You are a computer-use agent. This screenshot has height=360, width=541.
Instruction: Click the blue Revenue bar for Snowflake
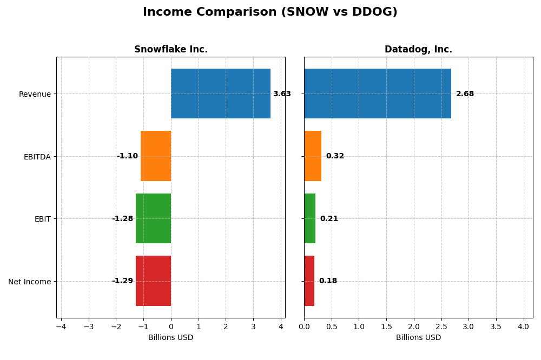point(221,94)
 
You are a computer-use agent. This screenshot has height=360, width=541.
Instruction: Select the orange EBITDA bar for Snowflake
point(156,156)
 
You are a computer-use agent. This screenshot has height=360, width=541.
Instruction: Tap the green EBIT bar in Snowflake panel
point(153,218)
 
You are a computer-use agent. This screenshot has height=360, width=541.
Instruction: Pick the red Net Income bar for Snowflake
point(153,281)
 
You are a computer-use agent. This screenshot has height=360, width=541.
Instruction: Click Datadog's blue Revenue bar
point(378,94)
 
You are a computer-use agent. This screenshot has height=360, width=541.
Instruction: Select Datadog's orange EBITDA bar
point(313,156)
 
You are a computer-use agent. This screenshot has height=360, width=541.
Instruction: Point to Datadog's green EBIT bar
point(310,218)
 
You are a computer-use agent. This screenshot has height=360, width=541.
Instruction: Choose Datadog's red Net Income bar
point(309,281)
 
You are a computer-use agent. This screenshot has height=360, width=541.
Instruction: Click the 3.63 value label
point(282,94)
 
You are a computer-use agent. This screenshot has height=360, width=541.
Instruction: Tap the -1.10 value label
point(127,156)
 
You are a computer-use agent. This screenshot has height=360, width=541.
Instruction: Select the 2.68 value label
point(465,94)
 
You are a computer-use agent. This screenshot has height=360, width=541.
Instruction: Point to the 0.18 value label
point(328,281)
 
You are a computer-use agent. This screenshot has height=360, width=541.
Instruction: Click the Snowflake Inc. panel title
point(171,50)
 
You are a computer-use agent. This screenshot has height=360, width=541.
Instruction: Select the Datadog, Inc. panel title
point(418,50)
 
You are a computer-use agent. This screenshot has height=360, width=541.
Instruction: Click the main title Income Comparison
point(270,12)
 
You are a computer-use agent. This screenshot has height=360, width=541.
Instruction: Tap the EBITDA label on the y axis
point(37,157)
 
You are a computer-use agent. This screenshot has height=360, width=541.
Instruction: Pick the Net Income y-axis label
point(29,282)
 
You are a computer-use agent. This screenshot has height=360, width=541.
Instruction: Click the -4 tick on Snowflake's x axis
point(61,326)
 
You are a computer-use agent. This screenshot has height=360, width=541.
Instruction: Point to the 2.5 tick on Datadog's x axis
point(441,326)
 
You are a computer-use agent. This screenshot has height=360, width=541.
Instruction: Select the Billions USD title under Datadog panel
point(418,338)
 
